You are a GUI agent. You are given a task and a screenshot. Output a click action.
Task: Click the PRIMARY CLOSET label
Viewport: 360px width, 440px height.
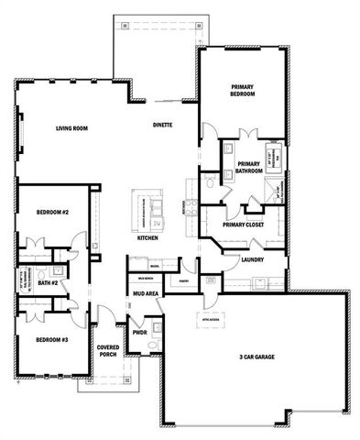click(243, 224)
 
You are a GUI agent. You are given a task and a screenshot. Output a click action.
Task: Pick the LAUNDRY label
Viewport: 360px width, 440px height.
click(252, 259)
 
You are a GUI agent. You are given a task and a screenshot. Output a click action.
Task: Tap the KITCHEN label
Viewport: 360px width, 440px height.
click(147, 238)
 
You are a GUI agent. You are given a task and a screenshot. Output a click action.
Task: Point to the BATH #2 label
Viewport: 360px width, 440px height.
click(49, 284)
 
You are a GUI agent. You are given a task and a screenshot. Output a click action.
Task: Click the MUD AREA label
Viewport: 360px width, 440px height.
click(147, 294)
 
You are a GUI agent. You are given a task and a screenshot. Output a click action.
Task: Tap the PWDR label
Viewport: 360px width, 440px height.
click(140, 333)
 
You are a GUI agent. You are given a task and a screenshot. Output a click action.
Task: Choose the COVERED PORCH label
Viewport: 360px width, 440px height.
click(110, 352)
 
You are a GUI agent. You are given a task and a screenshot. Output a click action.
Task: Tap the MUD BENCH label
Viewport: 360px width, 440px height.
click(145, 278)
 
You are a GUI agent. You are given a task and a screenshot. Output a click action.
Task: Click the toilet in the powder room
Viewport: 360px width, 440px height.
click(155, 346)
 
